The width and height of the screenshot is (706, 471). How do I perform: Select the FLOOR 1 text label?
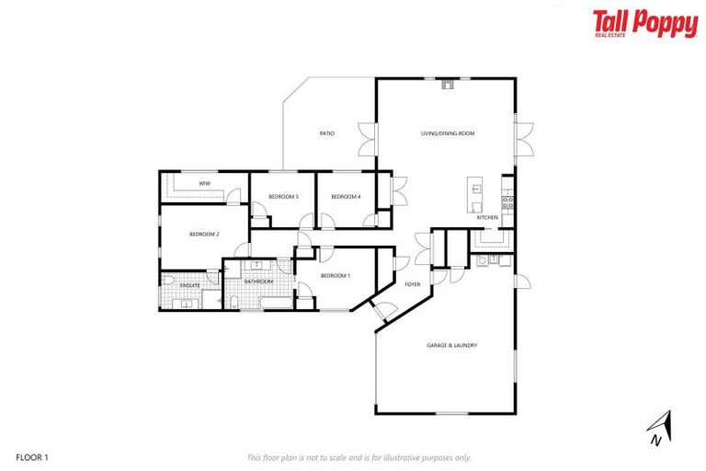(x=31, y=457)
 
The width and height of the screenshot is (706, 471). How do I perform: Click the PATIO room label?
(x=326, y=133)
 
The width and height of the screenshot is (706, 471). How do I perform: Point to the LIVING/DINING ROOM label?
(x=447, y=133)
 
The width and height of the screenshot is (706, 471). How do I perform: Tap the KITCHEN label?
(x=487, y=217)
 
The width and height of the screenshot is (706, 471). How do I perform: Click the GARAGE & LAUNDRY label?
(x=451, y=345)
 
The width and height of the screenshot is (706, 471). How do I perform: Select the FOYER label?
(x=413, y=284)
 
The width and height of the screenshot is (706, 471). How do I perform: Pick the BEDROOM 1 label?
(x=335, y=276)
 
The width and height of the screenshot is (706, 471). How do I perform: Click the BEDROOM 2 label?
(x=203, y=235)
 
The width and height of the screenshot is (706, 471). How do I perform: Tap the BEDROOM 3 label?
(x=283, y=197)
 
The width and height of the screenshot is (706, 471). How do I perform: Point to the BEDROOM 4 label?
(x=346, y=197)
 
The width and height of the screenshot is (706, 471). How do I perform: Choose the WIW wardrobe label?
(x=203, y=184)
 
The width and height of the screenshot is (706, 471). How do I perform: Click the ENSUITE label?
(x=190, y=285)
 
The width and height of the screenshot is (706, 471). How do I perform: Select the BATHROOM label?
(x=259, y=281)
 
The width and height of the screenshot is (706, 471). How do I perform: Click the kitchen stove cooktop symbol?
(x=507, y=199)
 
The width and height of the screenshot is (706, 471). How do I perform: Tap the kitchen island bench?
(x=475, y=192)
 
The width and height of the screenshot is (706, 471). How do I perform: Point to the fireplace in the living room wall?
(x=448, y=86)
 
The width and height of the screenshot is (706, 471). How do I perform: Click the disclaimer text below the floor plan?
(x=359, y=457)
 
